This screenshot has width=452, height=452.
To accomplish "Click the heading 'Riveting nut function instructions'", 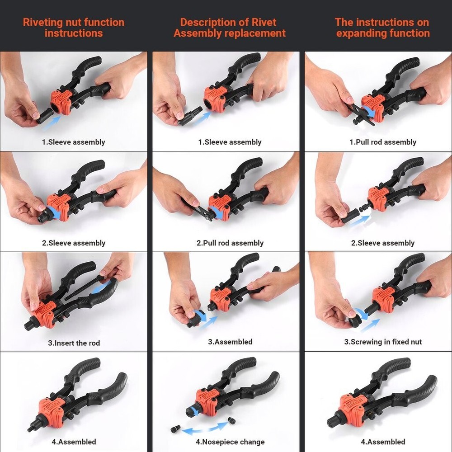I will pyautogui.click(x=74, y=28).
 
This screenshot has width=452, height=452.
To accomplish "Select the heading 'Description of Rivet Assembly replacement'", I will pyautogui.click(x=230, y=28).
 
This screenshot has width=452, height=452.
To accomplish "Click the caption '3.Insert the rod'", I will pyautogui.click(x=74, y=343).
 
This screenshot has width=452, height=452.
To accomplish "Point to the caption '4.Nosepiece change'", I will pyautogui.click(x=230, y=442).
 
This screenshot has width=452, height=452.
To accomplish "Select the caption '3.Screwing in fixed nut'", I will pyautogui.click(x=383, y=342).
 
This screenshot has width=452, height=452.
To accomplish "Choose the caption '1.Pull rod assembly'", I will pyautogui.click(x=383, y=142).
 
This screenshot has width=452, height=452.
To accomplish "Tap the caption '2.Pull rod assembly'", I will pyautogui.click(x=230, y=243).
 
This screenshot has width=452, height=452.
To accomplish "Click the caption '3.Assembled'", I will pyautogui.click(x=230, y=342).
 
